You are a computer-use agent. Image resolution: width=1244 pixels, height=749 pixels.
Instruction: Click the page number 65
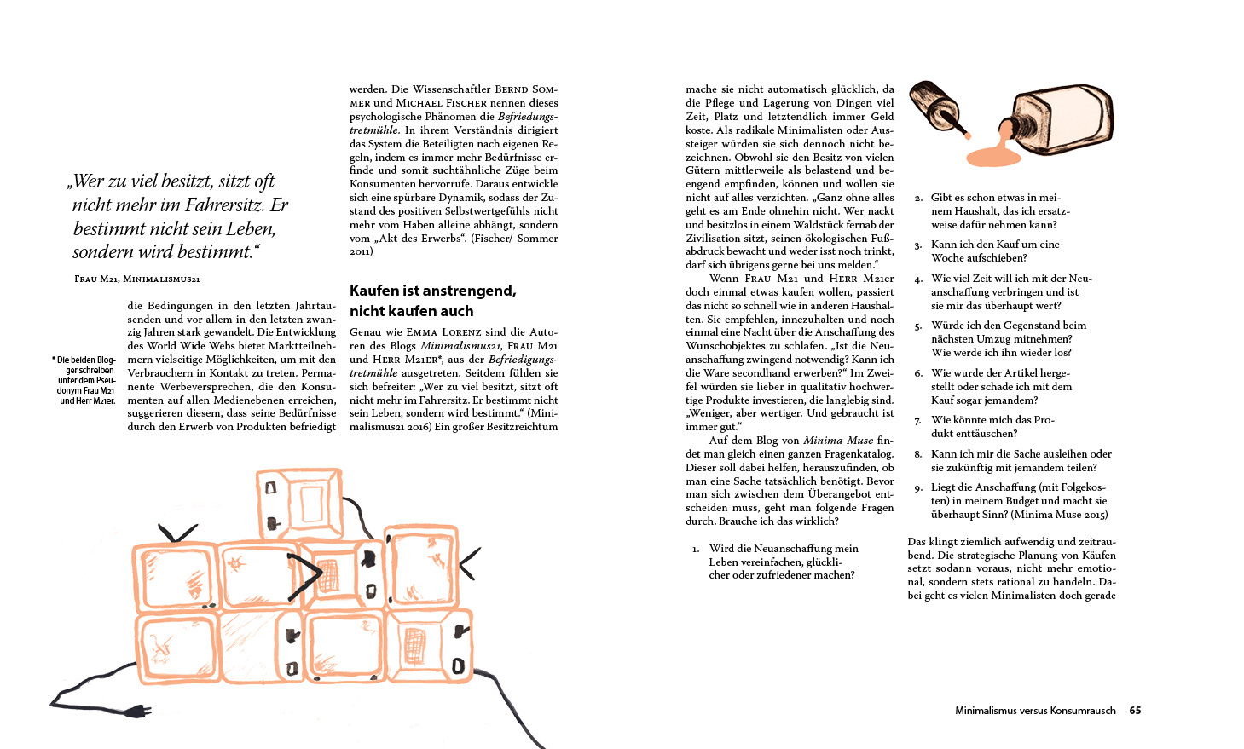click(x=1135, y=711)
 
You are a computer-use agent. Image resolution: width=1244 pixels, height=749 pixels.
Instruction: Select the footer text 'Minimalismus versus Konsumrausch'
click(x=1034, y=711)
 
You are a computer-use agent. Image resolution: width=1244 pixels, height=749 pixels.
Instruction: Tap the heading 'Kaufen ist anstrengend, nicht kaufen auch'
click(x=432, y=301)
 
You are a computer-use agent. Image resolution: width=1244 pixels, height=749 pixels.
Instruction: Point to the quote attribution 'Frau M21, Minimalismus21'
click(x=137, y=279)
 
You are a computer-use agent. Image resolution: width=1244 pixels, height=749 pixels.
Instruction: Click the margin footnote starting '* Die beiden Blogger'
click(x=84, y=380)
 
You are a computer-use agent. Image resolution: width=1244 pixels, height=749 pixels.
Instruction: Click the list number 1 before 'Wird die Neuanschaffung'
click(x=696, y=550)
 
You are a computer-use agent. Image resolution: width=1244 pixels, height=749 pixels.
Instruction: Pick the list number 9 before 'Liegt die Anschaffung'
click(x=918, y=488)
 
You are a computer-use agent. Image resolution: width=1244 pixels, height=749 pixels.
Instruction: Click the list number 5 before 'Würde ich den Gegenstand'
click(x=918, y=326)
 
